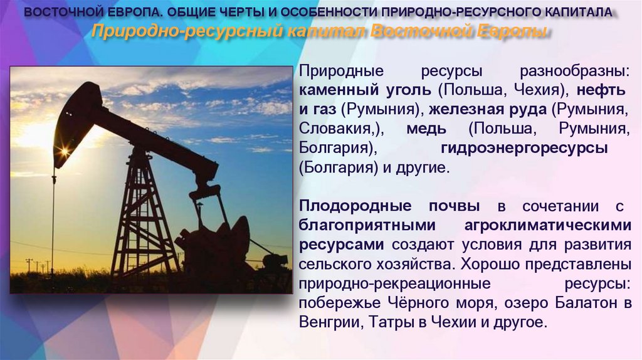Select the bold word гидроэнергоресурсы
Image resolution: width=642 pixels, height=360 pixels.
pyautogui.click(x=524, y=149)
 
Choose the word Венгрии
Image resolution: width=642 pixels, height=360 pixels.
pyautogui.click(x=327, y=323)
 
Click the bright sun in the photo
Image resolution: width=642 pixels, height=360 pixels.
pyautogui.click(x=63, y=151)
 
